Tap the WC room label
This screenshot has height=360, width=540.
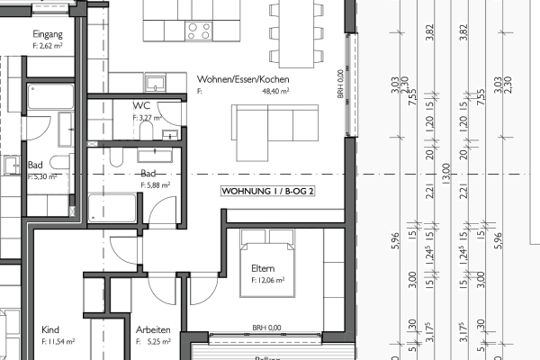coord(141,104)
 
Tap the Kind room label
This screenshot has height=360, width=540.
coord(50,329)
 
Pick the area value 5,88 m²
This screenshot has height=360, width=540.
coord(155,184)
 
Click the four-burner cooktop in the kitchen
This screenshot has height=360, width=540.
coord(199,31)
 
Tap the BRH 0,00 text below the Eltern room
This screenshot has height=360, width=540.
coord(266,328)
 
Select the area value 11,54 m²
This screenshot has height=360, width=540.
coord(58,342)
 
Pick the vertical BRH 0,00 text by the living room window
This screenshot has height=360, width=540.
coord(341,85)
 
